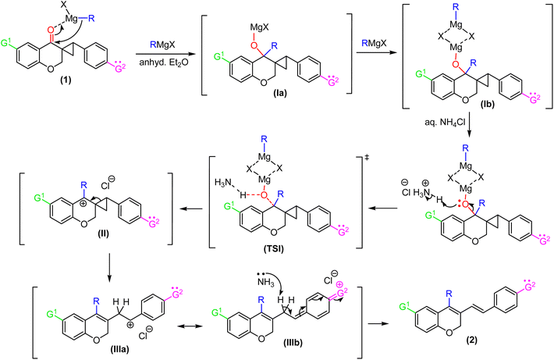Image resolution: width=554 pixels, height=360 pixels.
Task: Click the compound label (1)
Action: point(65,80)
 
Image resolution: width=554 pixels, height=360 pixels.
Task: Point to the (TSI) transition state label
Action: point(273,248)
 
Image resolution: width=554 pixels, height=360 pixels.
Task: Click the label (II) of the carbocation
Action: point(104,233)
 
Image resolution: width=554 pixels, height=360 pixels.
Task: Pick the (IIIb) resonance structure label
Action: point(292,343)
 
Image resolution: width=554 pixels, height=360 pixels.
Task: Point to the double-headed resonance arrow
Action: point(190,326)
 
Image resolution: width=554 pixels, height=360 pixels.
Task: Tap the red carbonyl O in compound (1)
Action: point(51,30)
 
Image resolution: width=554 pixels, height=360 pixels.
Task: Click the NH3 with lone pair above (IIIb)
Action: point(265,281)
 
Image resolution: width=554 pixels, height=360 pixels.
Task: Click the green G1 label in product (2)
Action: point(405,306)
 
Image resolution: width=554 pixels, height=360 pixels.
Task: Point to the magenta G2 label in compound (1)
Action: point(120,68)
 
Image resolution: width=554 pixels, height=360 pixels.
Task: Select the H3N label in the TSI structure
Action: point(223,184)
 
